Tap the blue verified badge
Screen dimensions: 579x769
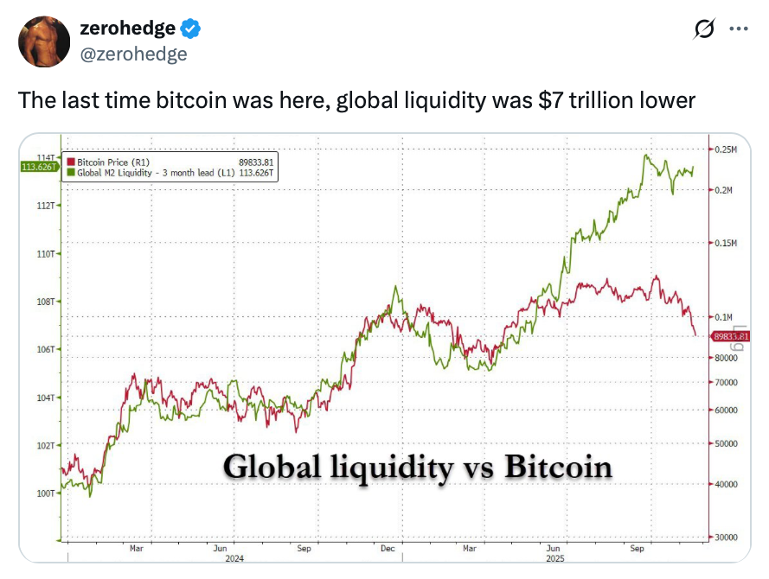tap(191, 29)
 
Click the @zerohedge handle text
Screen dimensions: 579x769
tap(133, 54)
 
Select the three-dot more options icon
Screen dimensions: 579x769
tap(738, 29)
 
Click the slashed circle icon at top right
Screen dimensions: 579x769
tap(703, 29)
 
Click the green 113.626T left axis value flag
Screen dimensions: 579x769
tap(37, 166)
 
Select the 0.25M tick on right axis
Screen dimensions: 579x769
tap(725, 150)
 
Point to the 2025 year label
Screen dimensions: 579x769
tap(554, 559)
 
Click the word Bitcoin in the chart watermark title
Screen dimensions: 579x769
tap(558, 468)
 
